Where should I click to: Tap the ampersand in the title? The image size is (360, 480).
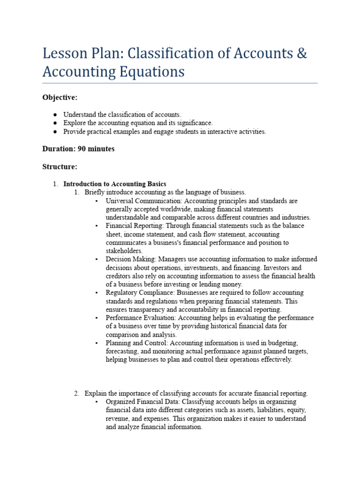[x=302, y=53]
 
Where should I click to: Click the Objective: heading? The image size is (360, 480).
[x=60, y=97]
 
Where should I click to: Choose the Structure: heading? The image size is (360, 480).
[x=60, y=166]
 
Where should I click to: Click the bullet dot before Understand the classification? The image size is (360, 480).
[x=55, y=114]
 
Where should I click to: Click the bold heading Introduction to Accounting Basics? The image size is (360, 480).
[x=115, y=184]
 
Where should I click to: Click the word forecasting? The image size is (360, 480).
[x=123, y=352]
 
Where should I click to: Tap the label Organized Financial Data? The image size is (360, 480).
[x=143, y=402]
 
